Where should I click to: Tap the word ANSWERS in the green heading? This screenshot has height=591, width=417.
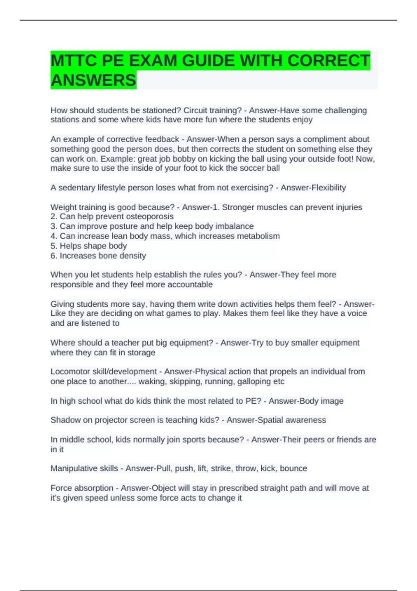[93, 80]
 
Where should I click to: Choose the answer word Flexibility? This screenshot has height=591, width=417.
[329, 188]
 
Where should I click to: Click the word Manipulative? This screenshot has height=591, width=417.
[72, 469]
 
